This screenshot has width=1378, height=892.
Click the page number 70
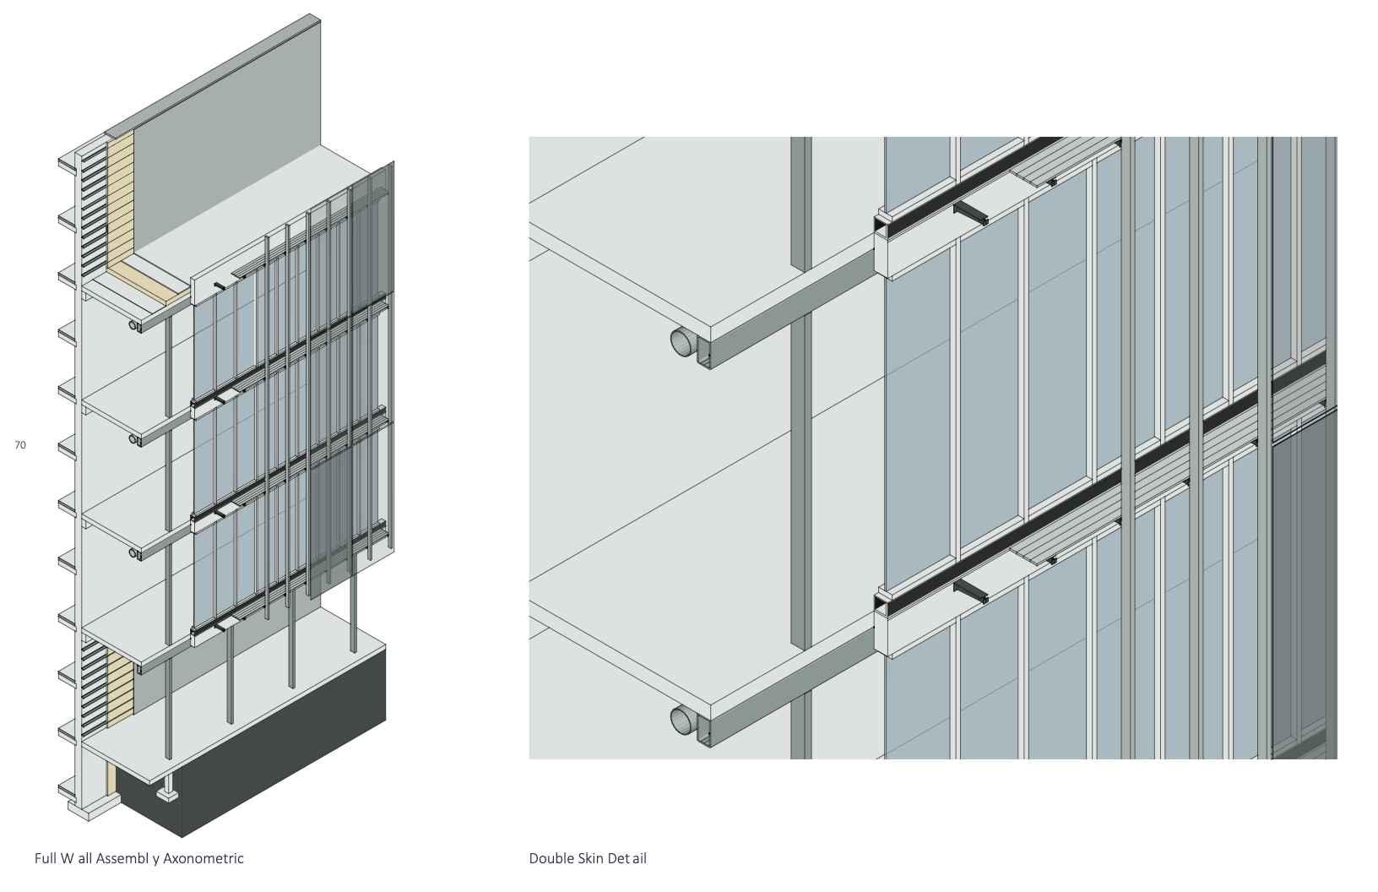pyautogui.click(x=20, y=444)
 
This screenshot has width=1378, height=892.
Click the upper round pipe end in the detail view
pyautogui.click(x=683, y=342)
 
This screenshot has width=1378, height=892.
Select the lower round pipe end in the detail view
pyautogui.click(x=683, y=721)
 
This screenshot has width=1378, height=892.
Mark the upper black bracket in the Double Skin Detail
pyautogui.click(x=971, y=213)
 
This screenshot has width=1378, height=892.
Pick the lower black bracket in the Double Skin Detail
pyautogui.click(x=971, y=591)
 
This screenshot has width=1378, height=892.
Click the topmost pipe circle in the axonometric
pyautogui.click(x=133, y=324)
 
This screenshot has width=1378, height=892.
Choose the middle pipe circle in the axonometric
pyautogui.click(x=133, y=439)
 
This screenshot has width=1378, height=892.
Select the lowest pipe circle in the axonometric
pyautogui.click(x=133, y=554)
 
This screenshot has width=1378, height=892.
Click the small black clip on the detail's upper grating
pyautogui.click(x=1051, y=182)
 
